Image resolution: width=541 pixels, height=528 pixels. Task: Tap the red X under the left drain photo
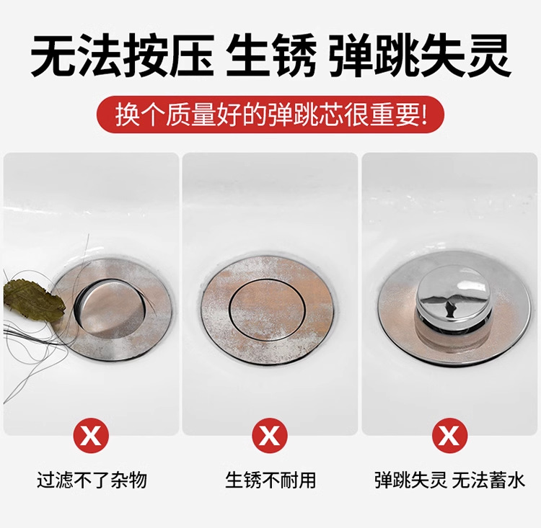coord(91,436)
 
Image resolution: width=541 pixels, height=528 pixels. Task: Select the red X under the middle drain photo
coord(270,436)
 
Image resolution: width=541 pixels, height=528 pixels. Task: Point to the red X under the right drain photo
coord(449,436)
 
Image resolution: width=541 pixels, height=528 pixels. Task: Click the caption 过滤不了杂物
coord(92,480)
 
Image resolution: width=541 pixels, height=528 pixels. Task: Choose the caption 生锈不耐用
coord(270,480)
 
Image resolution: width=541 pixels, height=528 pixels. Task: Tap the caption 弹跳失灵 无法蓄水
coord(450,480)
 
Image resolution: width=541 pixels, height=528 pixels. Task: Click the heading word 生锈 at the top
coord(270,55)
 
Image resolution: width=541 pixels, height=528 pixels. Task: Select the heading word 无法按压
coord(123,55)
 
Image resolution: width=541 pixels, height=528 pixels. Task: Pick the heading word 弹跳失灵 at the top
coord(420,55)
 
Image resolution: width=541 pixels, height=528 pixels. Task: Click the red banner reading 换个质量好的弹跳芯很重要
coord(270,115)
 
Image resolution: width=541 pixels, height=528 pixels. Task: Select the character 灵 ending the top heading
coord(488,55)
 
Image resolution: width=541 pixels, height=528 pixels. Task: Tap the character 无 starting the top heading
coord(53,55)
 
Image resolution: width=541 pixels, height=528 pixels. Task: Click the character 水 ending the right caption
coord(516,480)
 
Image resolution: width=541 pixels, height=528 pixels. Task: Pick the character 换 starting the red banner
coord(125,115)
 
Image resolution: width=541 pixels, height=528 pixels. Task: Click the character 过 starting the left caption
coord(46,480)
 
